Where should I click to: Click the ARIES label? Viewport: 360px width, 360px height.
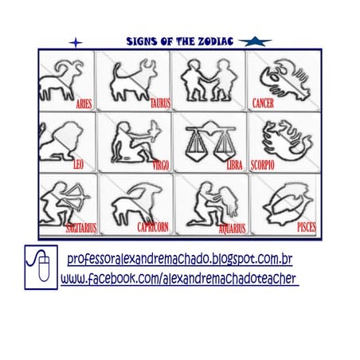pos(84,104)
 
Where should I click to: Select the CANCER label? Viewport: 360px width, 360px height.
pos(263,104)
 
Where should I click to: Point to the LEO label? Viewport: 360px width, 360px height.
pos(78,166)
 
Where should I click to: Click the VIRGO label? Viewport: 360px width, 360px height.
pos(160,166)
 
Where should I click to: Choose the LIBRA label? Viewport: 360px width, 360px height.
pos(234,166)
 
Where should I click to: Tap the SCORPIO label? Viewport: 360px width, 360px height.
pos(262,166)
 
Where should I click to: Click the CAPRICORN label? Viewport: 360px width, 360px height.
pos(152,227)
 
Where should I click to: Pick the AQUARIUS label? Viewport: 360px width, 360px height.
pos(233,228)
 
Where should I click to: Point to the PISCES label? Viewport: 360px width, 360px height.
pos(307,227)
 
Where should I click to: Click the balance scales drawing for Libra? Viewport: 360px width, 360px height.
pos(205,142)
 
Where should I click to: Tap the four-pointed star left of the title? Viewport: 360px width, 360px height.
pos(76,41)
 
